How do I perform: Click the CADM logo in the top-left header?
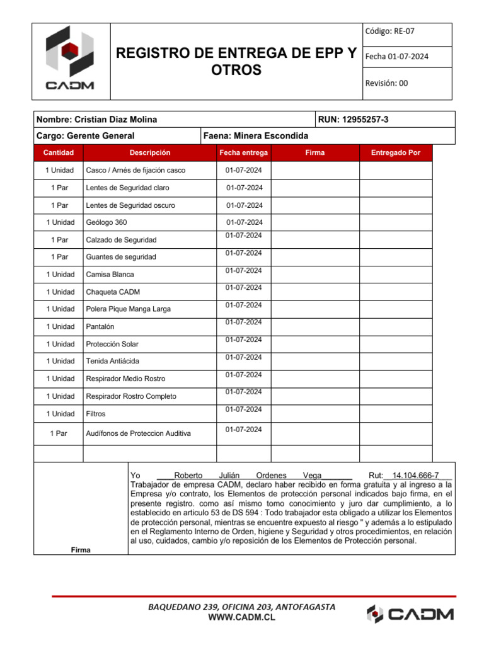pyautogui.click(x=70, y=61)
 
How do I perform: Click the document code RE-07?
pyautogui.click(x=389, y=31)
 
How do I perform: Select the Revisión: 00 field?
pyautogui.click(x=387, y=83)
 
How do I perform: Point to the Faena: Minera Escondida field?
pyautogui.click(x=256, y=135)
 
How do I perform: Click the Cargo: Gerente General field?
pyautogui.click(x=86, y=135)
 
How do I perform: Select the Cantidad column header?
pyautogui.click(x=59, y=152)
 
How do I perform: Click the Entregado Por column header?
pyautogui.click(x=396, y=152)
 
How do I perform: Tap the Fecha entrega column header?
pyautogui.click(x=243, y=152)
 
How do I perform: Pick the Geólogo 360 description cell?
pyautogui.click(x=101, y=222)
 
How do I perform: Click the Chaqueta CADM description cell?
pyautogui.click(x=113, y=292)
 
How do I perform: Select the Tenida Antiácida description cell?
pyautogui.click(x=113, y=361)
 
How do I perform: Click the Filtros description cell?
pyautogui.click(x=96, y=414)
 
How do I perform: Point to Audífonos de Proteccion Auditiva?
pyautogui.click(x=138, y=433)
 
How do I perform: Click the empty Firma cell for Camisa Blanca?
pyautogui.click(x=314, y=275)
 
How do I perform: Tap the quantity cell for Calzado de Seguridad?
pyautogui.click(x=59, y=240)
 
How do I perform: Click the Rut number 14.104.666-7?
pyautogui.click(x=415, y=476)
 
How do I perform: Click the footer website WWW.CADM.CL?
pyautogui.click(x=241, y=618)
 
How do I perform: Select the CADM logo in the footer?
pyautogui.click(x=410, y=614)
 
